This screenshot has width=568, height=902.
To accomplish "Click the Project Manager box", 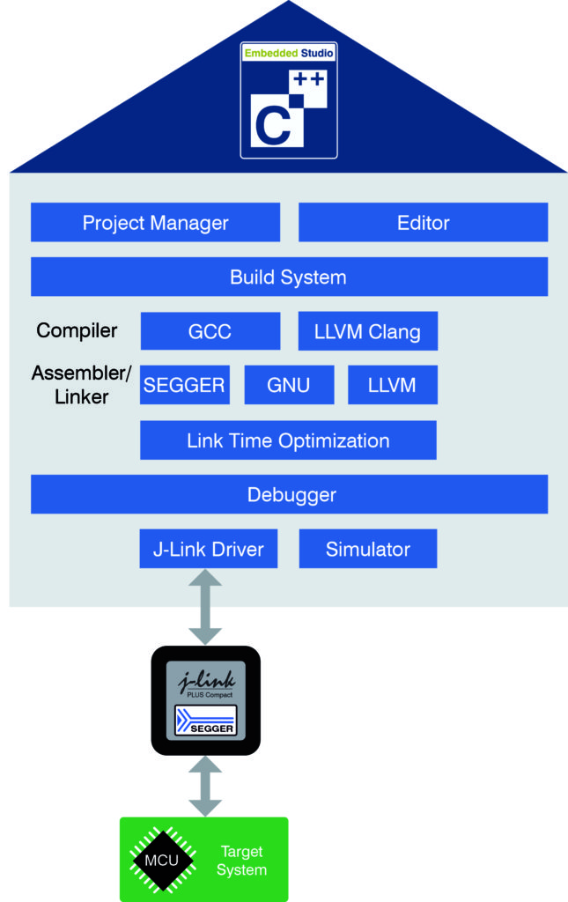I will point(155,223).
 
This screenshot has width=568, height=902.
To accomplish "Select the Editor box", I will point(423,223).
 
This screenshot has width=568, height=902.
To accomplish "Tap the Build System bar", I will point(289,277).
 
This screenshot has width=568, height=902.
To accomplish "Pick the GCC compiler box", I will point(210,332).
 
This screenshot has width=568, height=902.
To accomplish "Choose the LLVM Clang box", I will point(367,332).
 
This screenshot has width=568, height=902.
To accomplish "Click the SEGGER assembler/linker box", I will point(185,385).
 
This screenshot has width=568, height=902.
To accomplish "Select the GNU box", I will point(289,385).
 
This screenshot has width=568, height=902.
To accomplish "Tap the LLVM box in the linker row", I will point(392,385).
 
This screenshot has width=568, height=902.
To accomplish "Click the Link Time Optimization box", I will point(288,440).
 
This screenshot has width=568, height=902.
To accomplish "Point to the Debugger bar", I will point(289,495).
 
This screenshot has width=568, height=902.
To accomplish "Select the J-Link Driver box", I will point(208,550).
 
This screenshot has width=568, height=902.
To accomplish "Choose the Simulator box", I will point(367,550).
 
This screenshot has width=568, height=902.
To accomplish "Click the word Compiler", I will point(77,331).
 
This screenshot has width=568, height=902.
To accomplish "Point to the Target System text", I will point(241,861).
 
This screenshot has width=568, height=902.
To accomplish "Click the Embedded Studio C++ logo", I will point(289,100).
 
